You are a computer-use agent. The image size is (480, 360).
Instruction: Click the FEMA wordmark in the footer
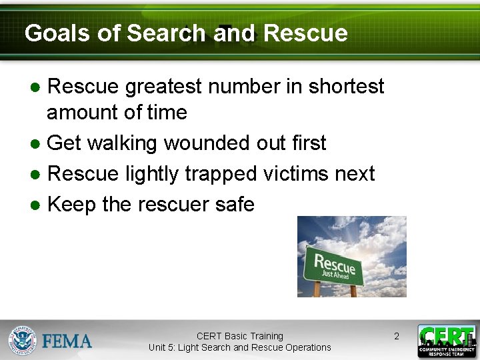pos(67,341)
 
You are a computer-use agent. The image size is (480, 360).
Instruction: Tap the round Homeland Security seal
pos(22,340)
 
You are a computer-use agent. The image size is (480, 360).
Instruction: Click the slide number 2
pos(396,336)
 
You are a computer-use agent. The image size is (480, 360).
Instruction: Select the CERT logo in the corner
pos(447,341)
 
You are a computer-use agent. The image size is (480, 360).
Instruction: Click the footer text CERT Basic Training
pos(239,336)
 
